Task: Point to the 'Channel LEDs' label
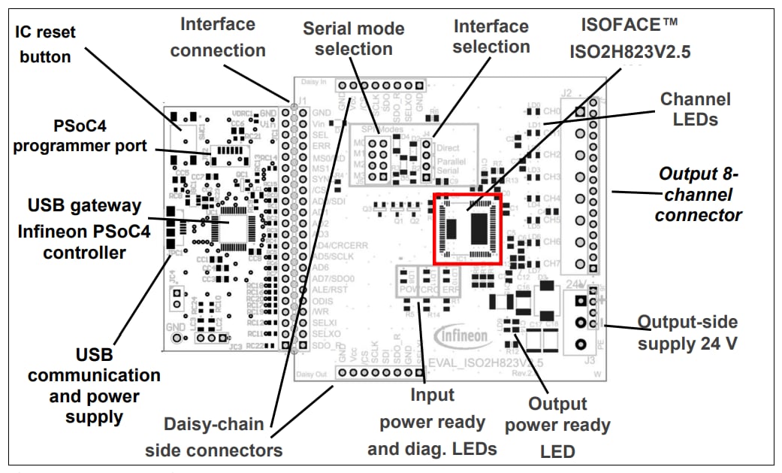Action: pyautogui.click(x=695, y=109)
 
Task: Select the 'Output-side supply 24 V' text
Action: pyautogui.click(x=687, y=332)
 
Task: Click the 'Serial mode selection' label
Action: pyautogui.click(x=353, y=38)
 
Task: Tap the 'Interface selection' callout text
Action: pyautogui.click(x=491, y=36)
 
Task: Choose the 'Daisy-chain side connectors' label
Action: pyautogui.click(x=214, y=437)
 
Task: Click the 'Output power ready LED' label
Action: pyautogui.click(x=557, y=426)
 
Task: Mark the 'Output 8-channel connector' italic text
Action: pyautogui.click(x=699, y=194)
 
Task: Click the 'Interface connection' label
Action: pyautogui.click(x=218, y=37)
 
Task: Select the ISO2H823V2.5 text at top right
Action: pyautogui.click(x=630, y=53)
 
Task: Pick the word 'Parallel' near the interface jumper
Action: pyautogui.click(x=451, y=161)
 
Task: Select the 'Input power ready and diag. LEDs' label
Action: pyautogui.click(x=432, y=421)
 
